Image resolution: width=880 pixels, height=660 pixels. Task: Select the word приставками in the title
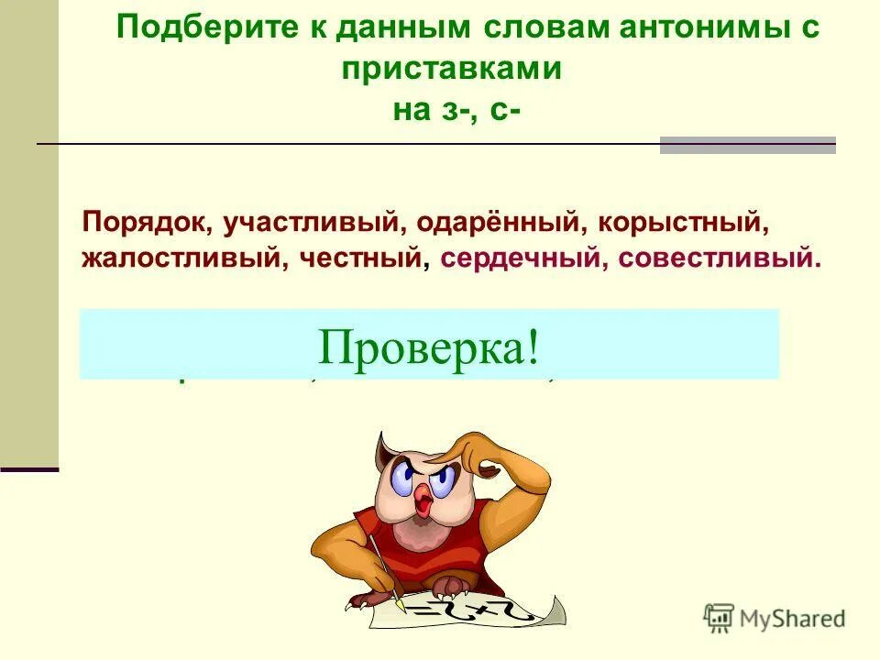click(452, 68)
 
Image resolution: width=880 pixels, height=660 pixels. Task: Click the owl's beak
click(423, 500)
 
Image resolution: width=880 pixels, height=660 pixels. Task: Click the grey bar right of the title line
click(747, 145)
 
